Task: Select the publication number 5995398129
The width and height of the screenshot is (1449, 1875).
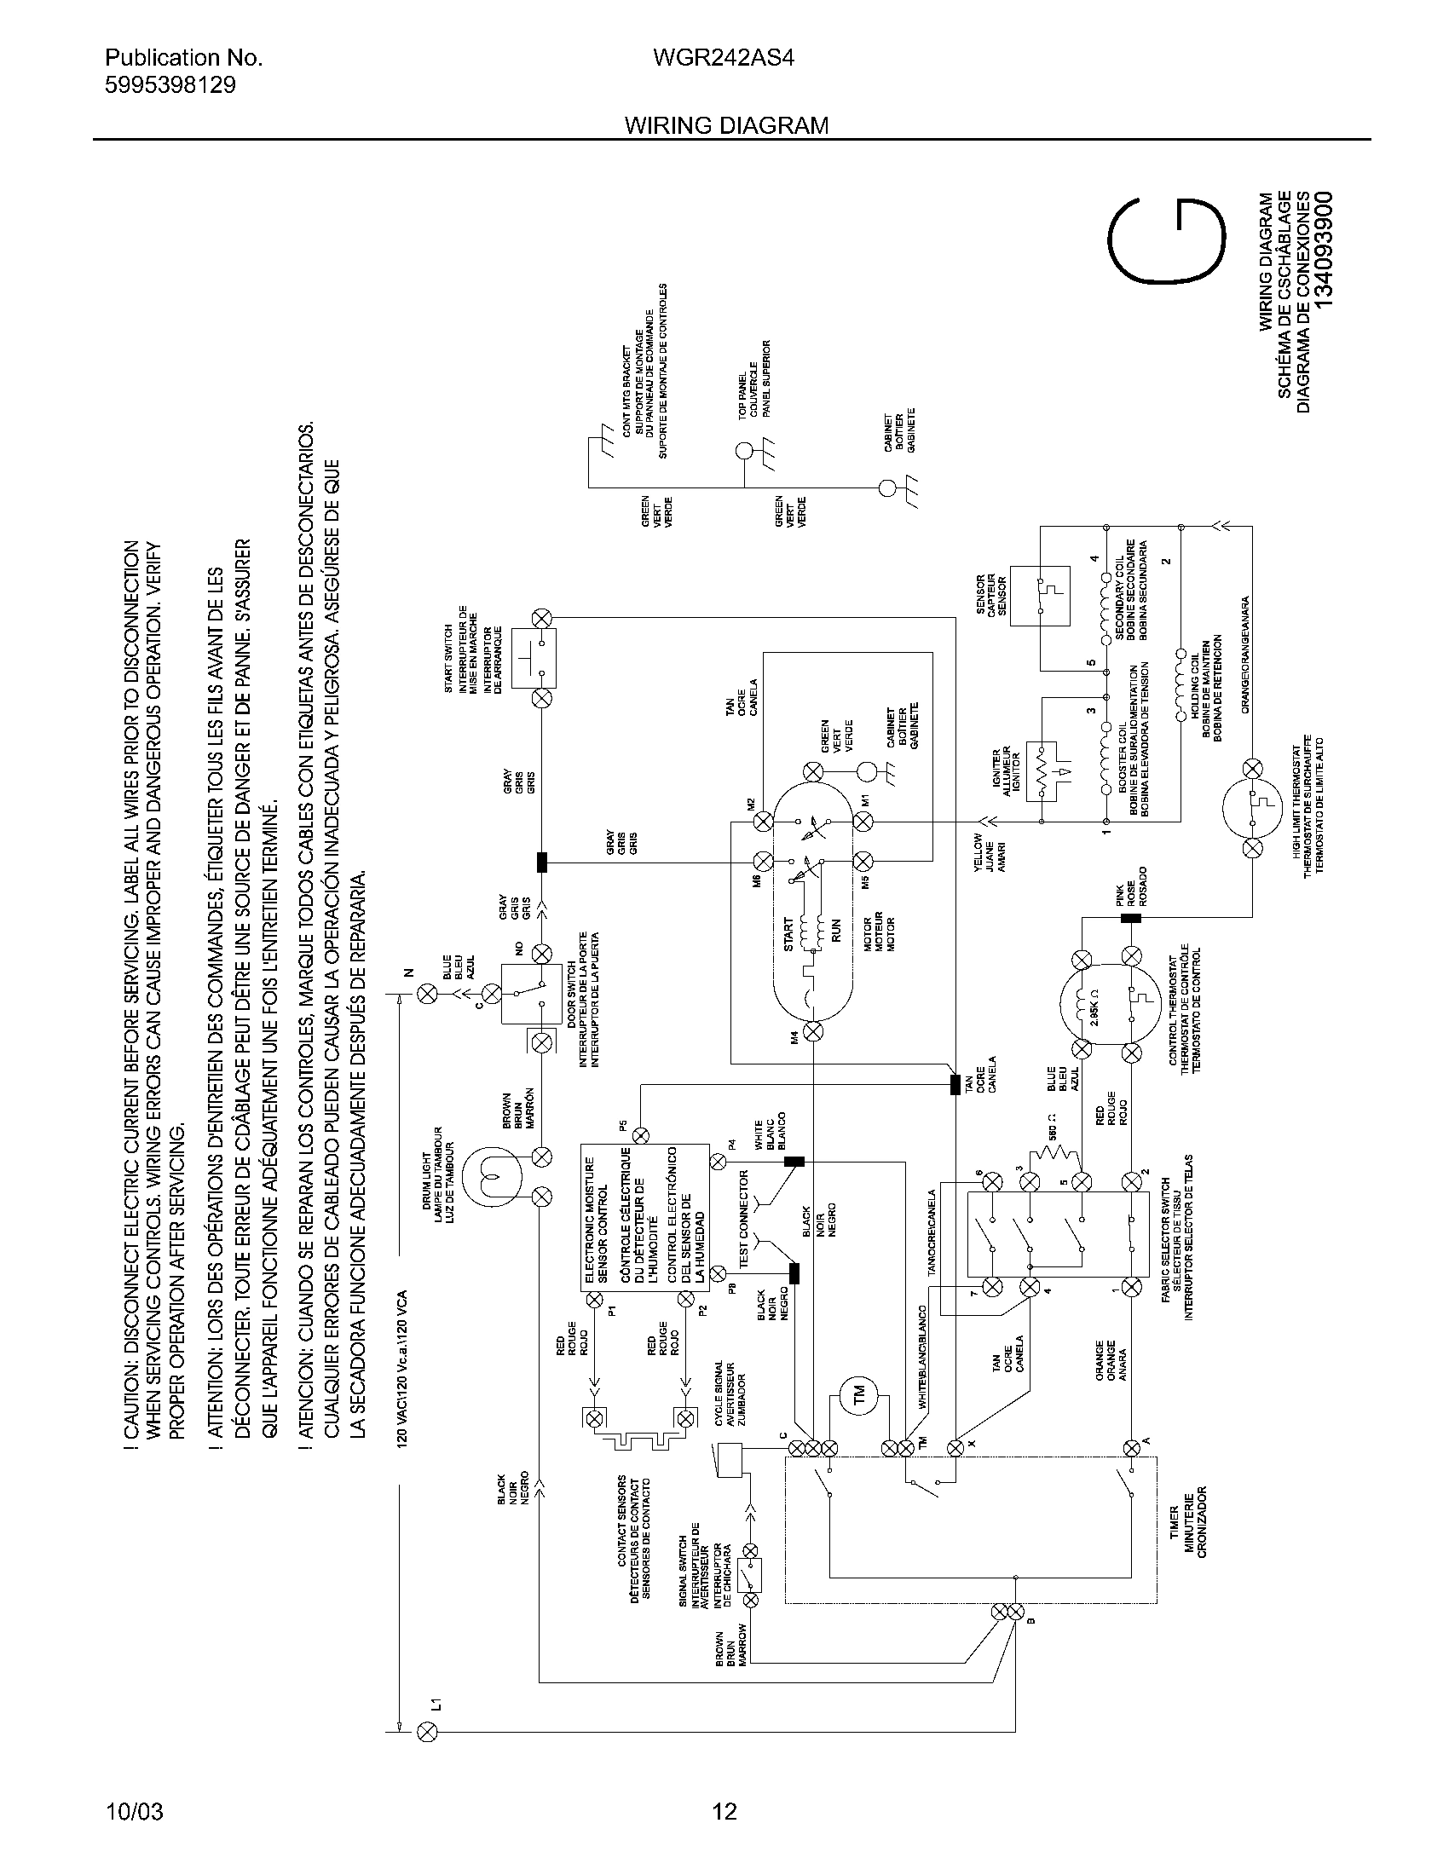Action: (170, 85)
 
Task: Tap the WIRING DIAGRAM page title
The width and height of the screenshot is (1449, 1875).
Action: (726, 125)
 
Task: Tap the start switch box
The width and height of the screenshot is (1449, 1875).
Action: (534, 658)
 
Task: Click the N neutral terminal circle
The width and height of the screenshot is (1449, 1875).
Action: (426, 994)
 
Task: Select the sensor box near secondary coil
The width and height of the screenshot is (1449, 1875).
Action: (1041, 595)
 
